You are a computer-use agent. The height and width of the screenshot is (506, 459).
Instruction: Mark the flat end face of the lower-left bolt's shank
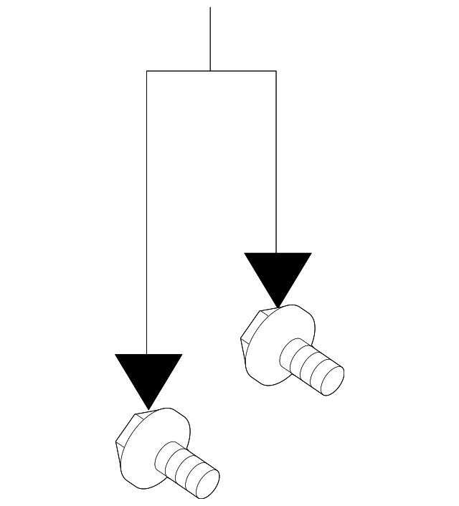point(207,484)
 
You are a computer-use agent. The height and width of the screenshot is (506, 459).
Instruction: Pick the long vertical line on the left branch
point(146,215)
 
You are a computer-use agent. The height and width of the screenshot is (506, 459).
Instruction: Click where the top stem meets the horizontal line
point(210,71)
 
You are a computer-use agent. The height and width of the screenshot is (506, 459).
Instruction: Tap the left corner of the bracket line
point(146,71)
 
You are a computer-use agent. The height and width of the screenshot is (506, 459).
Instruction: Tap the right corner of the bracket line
point(276,71)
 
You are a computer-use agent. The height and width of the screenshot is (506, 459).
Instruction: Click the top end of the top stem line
point(210,9)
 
